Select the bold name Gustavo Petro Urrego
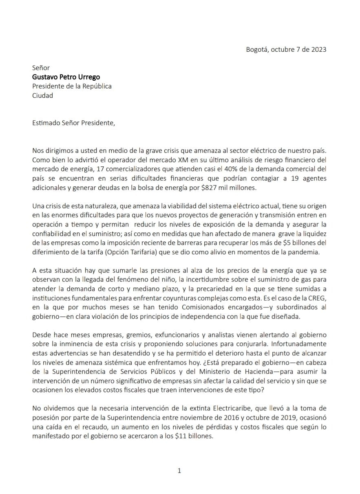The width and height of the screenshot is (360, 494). (66, 77)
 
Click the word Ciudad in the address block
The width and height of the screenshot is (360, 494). (43, 96)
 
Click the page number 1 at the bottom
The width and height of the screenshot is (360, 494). (179, 471)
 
